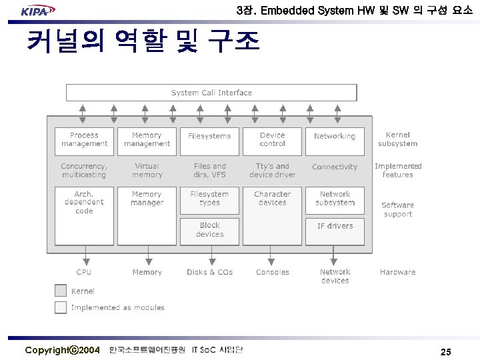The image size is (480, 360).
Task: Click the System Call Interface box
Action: (x=211, y=93)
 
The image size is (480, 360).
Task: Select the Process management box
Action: (x=84, y=140)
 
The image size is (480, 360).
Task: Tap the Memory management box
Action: (x=147, y=140)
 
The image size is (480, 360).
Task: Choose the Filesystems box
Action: (x=209, y=140)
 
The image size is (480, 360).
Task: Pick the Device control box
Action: (x=272, y=140)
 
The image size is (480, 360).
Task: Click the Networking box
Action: (x=335, y=140)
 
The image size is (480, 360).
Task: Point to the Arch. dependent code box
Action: (x=84, y=215)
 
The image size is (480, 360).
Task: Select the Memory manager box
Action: (x=147, y=215)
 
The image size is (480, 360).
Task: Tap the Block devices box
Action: (x=209, y=231)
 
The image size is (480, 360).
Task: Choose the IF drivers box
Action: (x=335, y=231)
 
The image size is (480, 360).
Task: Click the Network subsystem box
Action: (x=335, y=199)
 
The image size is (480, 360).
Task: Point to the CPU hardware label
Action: (x=84, y=272)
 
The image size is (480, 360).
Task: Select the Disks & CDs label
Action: (x=209, y=272)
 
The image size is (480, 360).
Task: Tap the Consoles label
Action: (x=272, y=272)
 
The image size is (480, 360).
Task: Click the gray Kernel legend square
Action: (x=61, y=291)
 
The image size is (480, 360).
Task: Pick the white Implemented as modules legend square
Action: (x=61, y=307)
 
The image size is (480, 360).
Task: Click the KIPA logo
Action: (x=37, y=10)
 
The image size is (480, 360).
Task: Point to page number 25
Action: (x=445, y=351)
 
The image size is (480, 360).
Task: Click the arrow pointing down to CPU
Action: (x=85, y=255)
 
